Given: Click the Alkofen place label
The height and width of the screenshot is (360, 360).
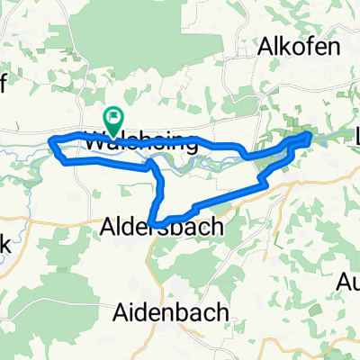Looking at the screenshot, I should pos(301,48).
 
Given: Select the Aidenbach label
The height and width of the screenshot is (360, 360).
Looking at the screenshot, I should pos(171,311).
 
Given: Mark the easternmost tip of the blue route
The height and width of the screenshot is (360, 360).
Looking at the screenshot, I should pos(310,134).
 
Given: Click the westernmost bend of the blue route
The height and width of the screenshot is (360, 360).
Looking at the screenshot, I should pos(51,140).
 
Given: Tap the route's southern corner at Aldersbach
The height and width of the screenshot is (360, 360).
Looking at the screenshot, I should pos(155,222).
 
